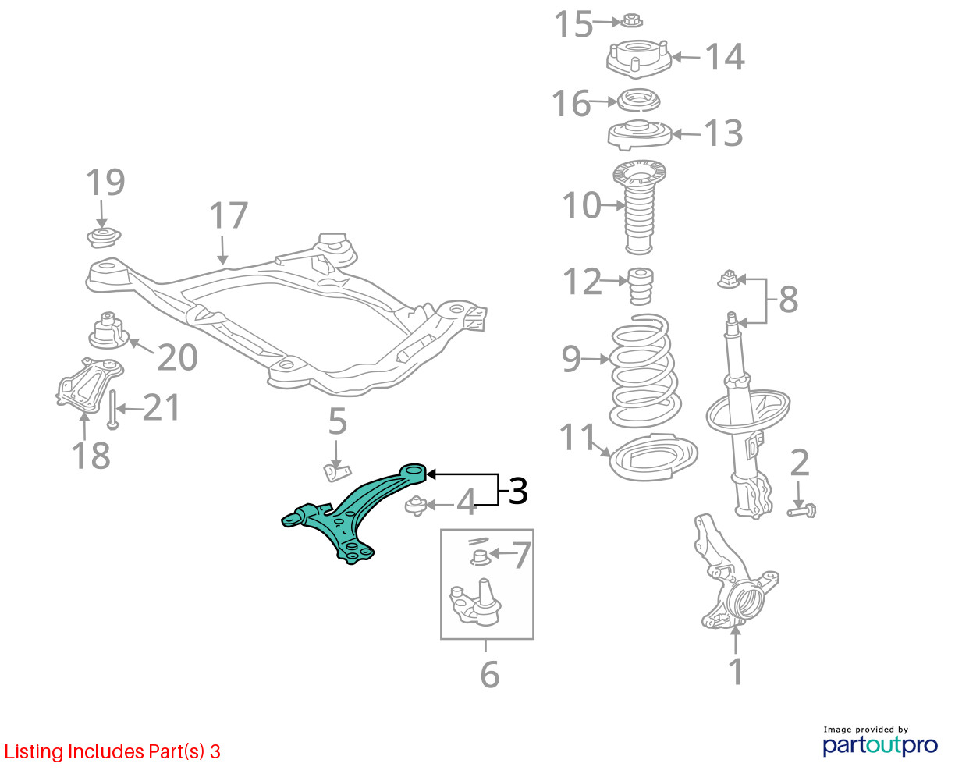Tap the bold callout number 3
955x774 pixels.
[518, 491]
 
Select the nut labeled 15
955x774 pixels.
[631, 20]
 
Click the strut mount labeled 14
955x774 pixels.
[638, 59]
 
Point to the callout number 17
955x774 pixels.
[228, 215]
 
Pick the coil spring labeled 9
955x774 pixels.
[644, 371]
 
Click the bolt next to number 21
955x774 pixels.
[112, 410]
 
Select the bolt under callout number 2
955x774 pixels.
[801, 511]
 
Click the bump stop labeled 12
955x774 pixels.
[641, 286]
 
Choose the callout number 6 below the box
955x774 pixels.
[490, 674]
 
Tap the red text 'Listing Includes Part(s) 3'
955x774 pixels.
[112, 751]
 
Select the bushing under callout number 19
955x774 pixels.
[104, 237]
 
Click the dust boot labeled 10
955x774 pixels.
[639, 208]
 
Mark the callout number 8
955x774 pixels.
[788, 300]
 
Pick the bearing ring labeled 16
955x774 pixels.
[638, 101]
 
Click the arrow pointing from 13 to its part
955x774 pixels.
[686, 134]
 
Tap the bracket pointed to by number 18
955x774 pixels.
[89, 385]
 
